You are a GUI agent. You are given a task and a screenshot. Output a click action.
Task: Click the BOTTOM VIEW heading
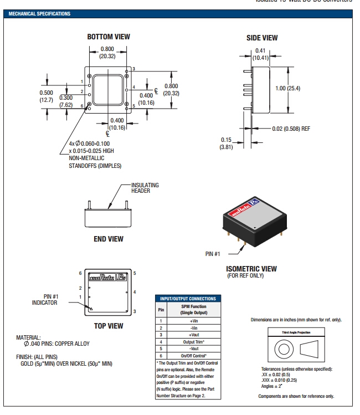click(x=109, y=37)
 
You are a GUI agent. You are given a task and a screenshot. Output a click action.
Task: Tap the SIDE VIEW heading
click(x=262, y=38)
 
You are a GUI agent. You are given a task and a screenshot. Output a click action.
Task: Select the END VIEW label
click(x=108, y=239)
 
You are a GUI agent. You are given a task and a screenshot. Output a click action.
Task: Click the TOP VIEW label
click(x=108, y=326)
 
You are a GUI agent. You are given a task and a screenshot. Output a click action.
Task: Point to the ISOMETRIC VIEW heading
click(x=251, y=269)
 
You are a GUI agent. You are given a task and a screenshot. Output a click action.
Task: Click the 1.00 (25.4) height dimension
click(x=287, y=89)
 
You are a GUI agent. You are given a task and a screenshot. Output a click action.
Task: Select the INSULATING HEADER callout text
click(x=145, y=187)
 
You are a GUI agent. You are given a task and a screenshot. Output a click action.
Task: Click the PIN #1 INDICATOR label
click(x=44, y=300)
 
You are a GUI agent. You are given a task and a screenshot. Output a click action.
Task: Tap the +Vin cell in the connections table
click(x=194, y=320)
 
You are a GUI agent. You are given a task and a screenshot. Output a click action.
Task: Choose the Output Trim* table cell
click(x=194, y=342)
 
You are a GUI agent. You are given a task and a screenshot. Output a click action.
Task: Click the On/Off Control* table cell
click(x=194, y=356)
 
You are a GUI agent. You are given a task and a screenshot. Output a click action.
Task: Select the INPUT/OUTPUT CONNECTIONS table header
click(x=188, y=299)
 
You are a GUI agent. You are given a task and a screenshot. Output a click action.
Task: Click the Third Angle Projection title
click(x=297, y=332)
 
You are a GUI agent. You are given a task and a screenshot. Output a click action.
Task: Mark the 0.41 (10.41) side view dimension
click(x=260, y=54)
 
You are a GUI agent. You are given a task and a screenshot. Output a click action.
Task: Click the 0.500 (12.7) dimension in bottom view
click(x=47, y=96)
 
